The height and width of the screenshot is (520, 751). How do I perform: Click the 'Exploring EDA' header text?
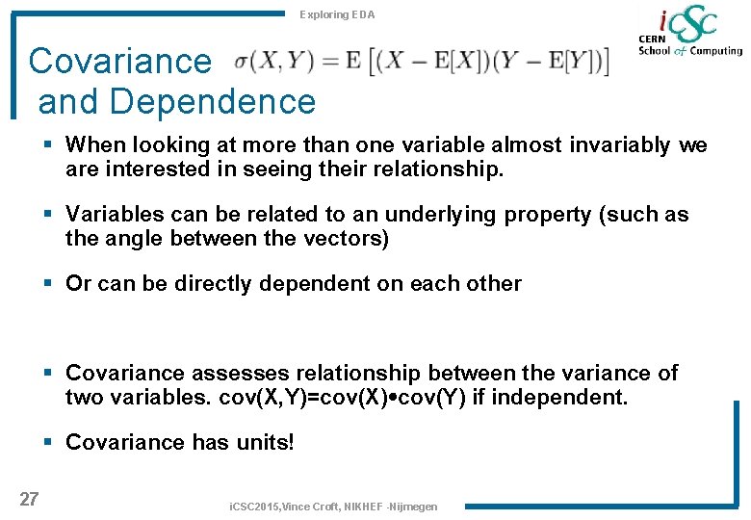pos(337,14)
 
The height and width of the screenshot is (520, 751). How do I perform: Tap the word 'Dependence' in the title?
pos(176,101)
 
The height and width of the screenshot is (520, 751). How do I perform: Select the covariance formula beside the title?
pos(422,61)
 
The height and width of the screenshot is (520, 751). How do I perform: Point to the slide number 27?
pos(29,498)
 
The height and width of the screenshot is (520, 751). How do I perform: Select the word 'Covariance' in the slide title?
pos(119,61)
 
